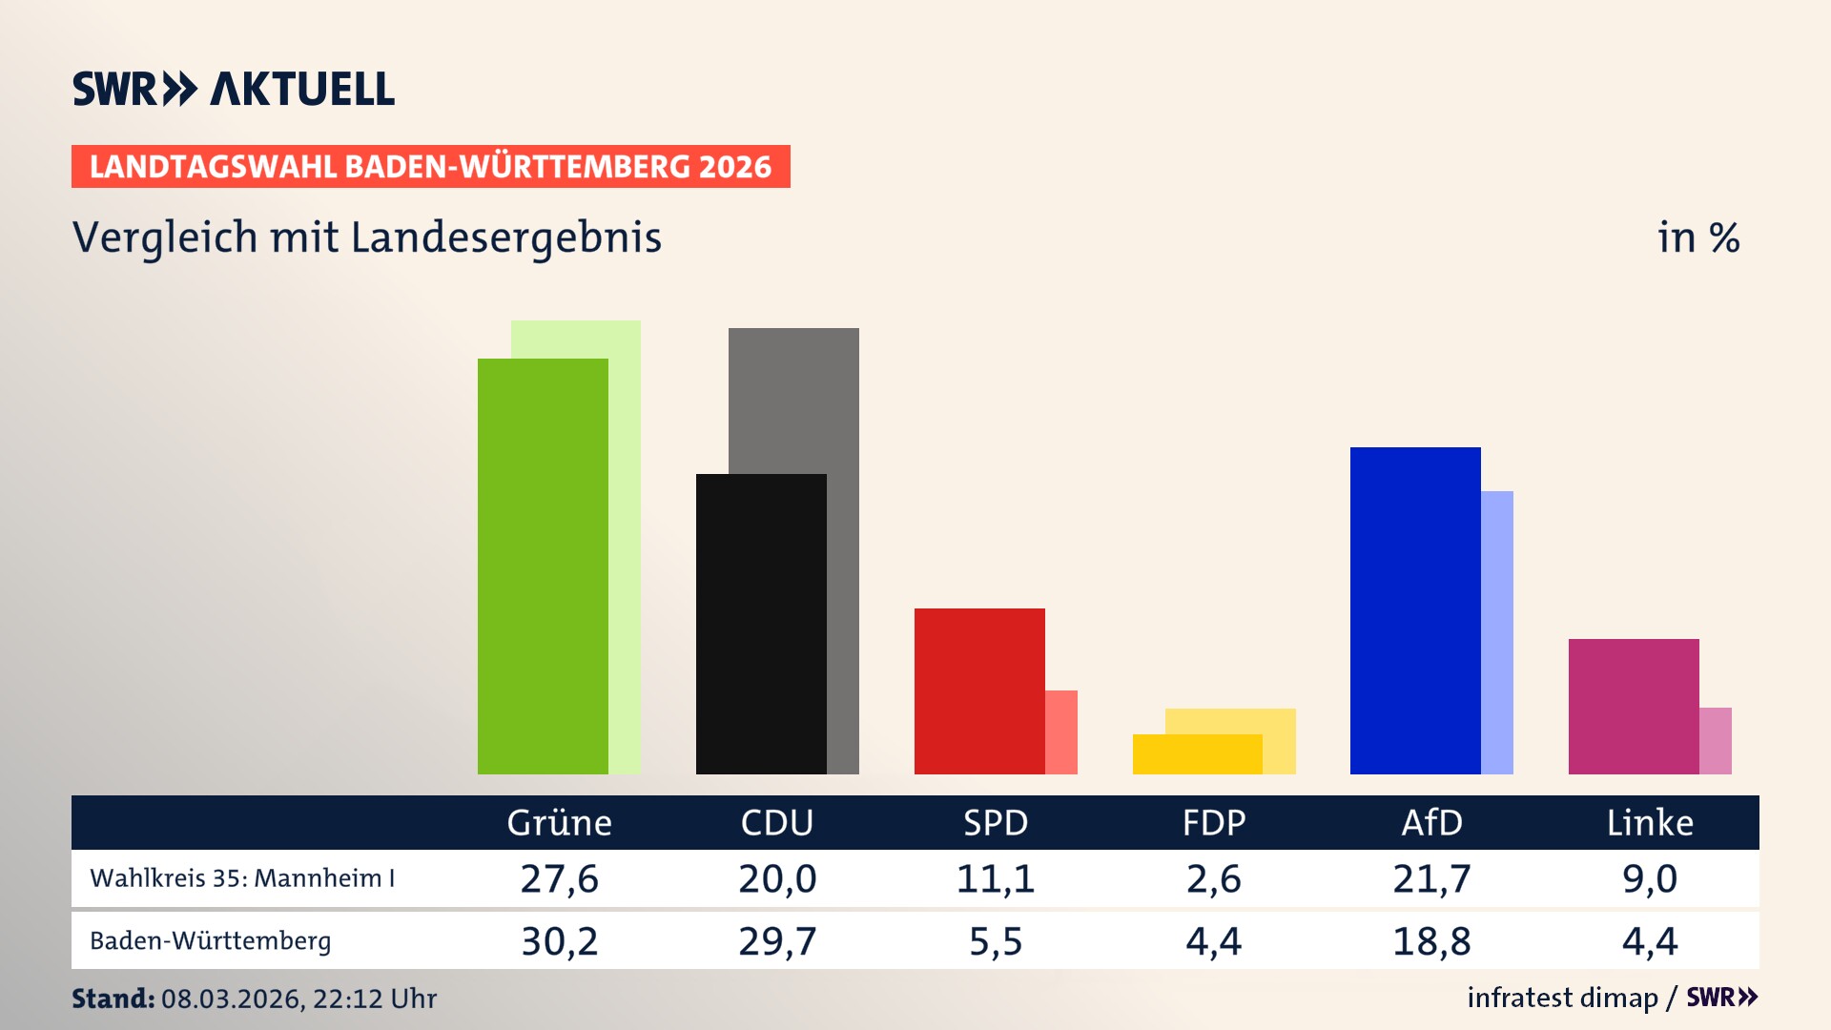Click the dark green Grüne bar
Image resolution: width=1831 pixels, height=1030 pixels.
[543, 566]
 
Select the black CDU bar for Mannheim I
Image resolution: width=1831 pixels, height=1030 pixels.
[761, 624]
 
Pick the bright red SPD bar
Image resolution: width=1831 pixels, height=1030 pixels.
[979, 691]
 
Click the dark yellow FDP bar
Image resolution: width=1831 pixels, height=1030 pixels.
[1197, 754]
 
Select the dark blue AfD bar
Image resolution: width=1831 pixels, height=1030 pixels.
[1415, 610]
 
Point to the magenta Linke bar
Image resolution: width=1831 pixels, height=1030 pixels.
[1634, 707]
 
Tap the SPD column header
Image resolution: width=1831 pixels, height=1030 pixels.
[996, 823]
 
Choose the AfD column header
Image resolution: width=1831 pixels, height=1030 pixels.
[1431, 823]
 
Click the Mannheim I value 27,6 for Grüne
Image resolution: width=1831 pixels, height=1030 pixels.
[559, 878]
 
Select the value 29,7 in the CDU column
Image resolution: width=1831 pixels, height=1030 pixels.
[777, 941]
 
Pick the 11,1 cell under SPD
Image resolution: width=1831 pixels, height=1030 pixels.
[996, 878]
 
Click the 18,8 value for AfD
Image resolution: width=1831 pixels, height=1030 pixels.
[1431, 941]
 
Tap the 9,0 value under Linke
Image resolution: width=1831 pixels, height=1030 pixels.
[1650, 878]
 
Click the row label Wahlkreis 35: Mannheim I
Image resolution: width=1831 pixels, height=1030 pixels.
[242, 878]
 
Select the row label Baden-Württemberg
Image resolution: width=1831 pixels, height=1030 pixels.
[211, 941]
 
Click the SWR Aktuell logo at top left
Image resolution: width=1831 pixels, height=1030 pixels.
[234, 89]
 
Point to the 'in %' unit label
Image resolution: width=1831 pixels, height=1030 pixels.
[1698, 237]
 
